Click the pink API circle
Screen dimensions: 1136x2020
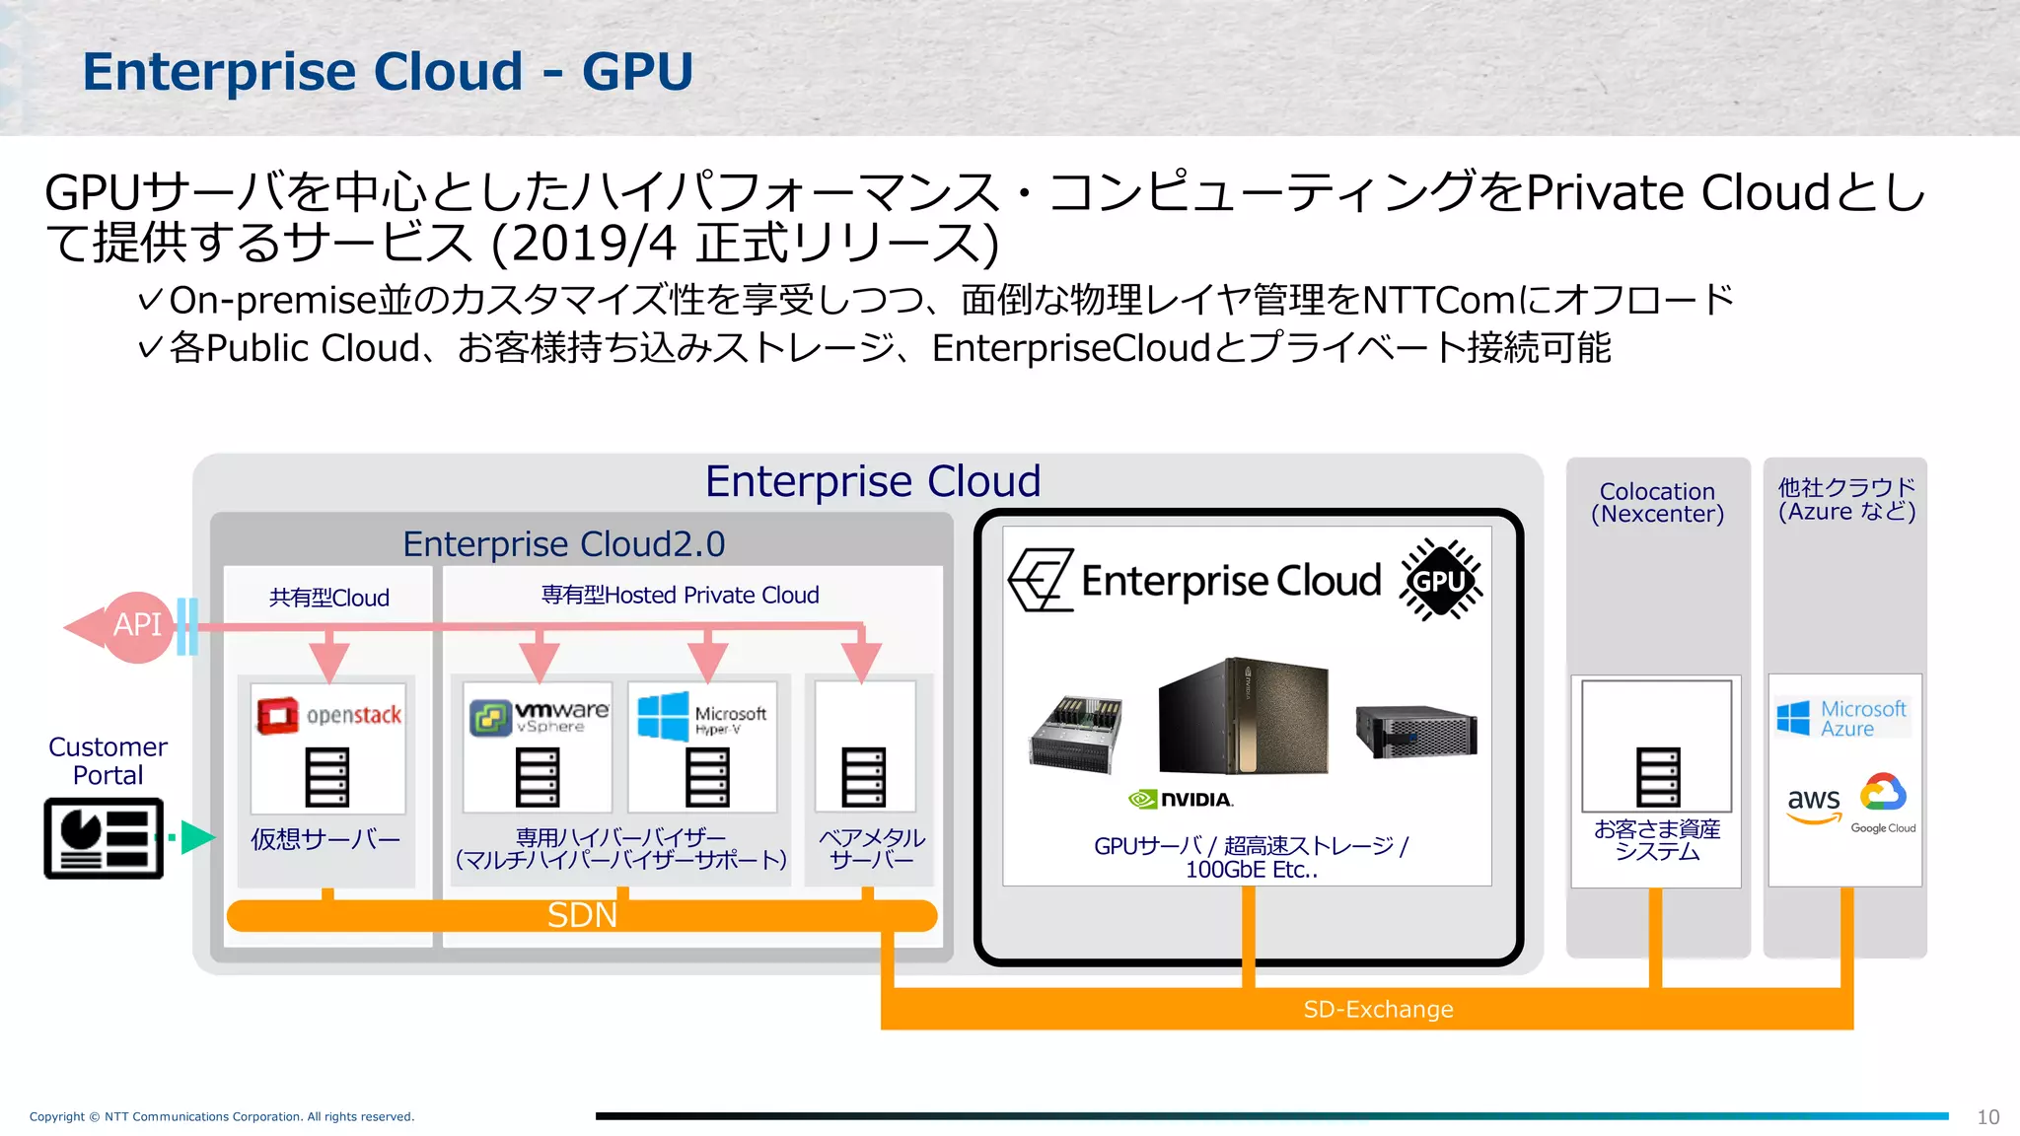pyautogui.click(x=137, y=626)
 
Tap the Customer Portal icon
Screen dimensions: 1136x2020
pyautogui.click(x=104, y=838)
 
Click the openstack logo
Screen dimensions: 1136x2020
pyautogui.click(x=329, y=715)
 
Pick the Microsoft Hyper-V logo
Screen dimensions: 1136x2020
pyautogui.click(x=701, y=717)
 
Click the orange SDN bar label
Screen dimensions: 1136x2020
pyautogui.click(x=582, y=916)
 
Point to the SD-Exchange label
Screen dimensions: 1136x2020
pyautogui.click(x=1378, y=1010)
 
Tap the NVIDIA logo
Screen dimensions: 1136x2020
pyautogui.click(x=1181, y=800)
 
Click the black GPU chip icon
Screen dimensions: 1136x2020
pyautogui.click(x=1441, y=581)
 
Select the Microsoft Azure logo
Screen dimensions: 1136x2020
pyautogui.click(x=1841, y=719)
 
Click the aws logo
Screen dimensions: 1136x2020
pyautogui.click(x=1813, y=804)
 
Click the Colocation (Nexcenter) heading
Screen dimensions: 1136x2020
pyautogui.click(x=1657, y=503)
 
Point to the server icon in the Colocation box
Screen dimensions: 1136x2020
pyautogui.click(x=1658, y=777)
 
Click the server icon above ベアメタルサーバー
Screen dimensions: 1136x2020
pyautogui.click(x=863, y=777)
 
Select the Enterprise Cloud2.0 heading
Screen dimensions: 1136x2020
pyautogui.click(x=563, y=544)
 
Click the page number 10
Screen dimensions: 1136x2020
pyautogui.click(x=1987, y=1117)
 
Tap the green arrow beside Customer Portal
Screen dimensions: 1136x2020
pyautogui.click(x=196, y=837)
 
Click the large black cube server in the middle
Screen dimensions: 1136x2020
pyautogui.click(x=1243, y=717)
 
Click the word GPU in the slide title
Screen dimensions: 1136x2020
pyautogui.click(x=637, y=72)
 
